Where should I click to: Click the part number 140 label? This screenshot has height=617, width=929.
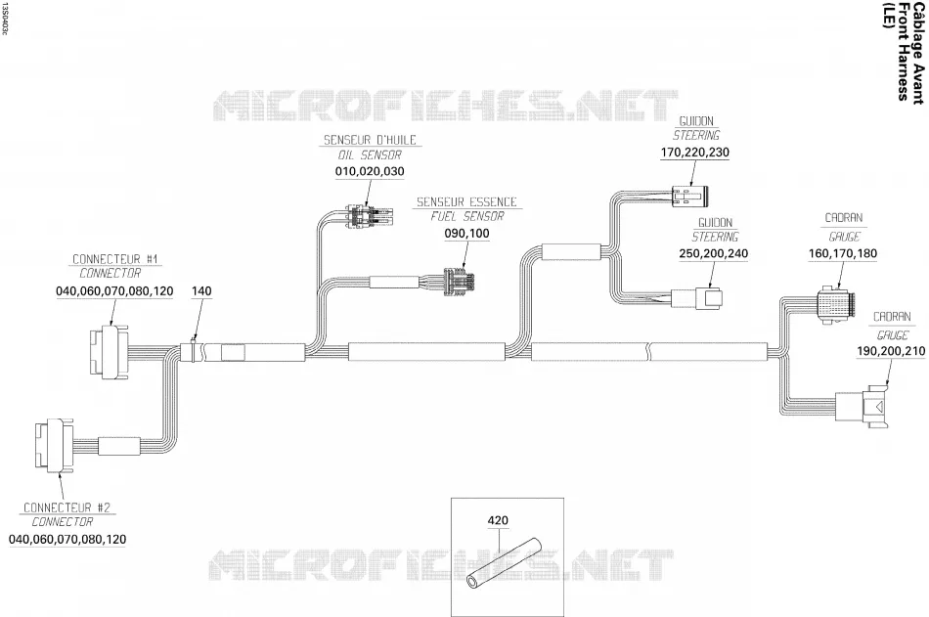coord(201,291)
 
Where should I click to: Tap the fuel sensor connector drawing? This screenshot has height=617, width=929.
coord(461,282)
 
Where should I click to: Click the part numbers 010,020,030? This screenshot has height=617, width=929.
coord(370,172)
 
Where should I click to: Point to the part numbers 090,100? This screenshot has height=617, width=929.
coord(466,234)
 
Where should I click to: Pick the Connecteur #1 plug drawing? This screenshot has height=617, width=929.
coord(108,352)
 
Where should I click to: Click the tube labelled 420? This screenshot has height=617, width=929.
coord(505,563)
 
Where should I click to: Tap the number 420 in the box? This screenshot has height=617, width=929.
coord(498,520)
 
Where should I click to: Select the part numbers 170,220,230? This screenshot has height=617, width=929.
coord(695,153)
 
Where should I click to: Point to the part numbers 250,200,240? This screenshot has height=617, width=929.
coord(713,253)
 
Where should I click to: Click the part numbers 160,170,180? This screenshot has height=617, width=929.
coord(843,253)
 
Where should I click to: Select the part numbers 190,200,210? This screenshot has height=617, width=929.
coord(891,351)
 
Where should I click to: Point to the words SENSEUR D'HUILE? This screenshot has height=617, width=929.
coord(370,141)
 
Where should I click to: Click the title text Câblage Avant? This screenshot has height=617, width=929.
coord(917,54)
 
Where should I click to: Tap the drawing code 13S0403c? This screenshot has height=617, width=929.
coord(5,18)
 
